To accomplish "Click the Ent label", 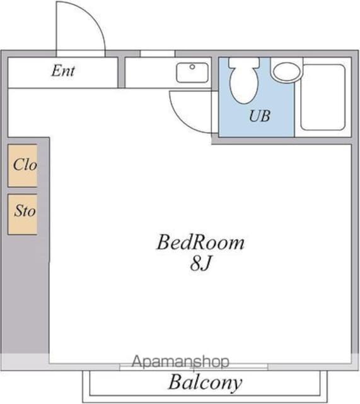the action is click(x=63, y=71).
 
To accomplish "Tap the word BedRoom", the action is click(x=200, y=242).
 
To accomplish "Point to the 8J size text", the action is click(x=200, y=264).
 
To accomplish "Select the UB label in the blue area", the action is click(x=260, y=116).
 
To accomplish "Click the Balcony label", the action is click(x=205, y=383).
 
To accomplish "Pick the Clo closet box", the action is click(x=23, y=165).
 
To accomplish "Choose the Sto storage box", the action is click(x=23, y=215).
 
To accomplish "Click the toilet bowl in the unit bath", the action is click(x=244, y=85).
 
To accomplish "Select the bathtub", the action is click(x=323, y=97).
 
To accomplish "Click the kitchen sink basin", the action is click(x=192, y=73).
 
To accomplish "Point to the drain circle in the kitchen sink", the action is click(x=192, y=67).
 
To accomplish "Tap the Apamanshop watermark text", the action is click(x=180, y=362).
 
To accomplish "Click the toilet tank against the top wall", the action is click(x=244, y=63).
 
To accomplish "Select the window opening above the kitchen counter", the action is click(x=158, y=54).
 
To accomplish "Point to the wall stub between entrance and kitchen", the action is click(x=121, y=73).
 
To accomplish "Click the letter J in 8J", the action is click(x=207, y=264).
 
